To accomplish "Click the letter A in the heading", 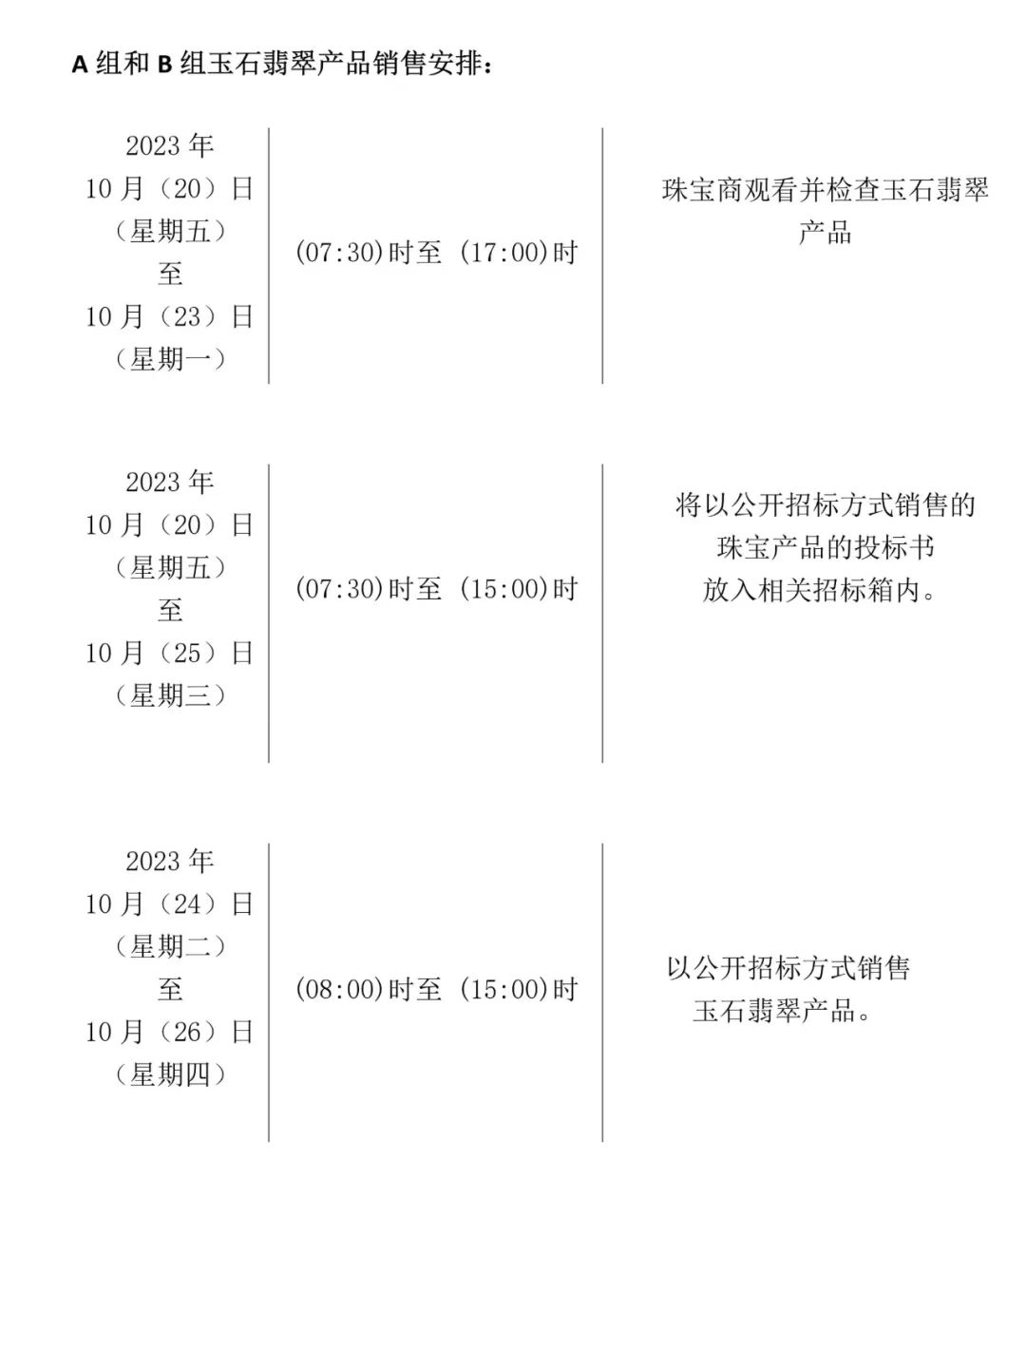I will click(80, 65).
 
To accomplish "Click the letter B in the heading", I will click(164, 65).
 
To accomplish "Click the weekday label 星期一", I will click(170, 359).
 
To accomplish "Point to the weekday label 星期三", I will click(170, 695).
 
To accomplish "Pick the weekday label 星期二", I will click(170, 946).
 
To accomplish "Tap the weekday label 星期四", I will click(170, 1074).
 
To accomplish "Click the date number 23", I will click(187, 316).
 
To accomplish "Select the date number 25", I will click(187, 653).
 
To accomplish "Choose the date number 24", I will click(187, 903).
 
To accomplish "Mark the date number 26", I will click(187, 1032).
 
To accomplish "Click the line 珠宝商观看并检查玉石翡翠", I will click(825, 190).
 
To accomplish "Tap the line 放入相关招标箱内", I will click(820, 590).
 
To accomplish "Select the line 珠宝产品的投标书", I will click(825, 547).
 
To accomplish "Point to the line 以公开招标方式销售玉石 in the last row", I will click(788, 968).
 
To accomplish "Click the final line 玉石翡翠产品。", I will click(782, 1011).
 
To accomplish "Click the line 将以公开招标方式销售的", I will click(825, 504).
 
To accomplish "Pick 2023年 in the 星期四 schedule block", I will click(170, 861).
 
